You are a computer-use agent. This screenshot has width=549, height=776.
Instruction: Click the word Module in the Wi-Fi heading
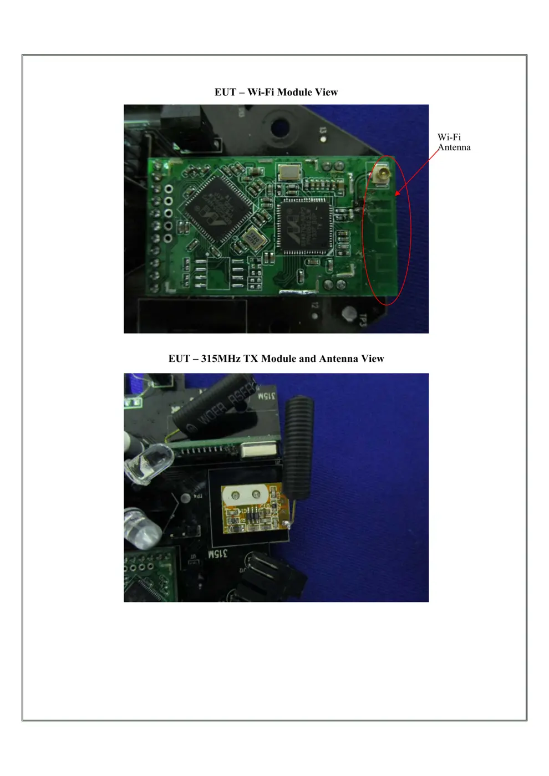point(294,92)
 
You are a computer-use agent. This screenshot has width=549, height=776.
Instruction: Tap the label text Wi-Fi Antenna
point(454,142)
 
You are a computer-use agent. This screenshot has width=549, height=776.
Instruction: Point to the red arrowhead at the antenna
point(397,193)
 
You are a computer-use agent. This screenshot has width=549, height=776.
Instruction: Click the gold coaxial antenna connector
point(382,176)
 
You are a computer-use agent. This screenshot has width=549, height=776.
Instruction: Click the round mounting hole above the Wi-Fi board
point(282,127)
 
